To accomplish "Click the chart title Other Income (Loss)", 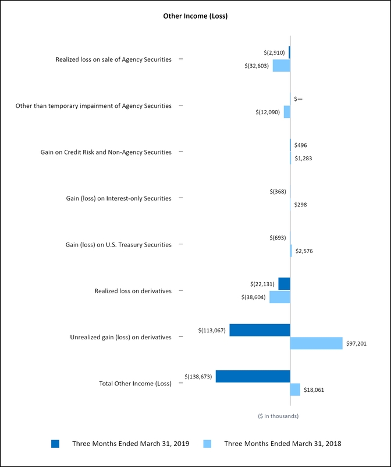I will click(195, 16).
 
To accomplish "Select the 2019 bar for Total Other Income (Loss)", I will click(253, 376).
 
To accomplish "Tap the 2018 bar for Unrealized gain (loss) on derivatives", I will click(316, 343).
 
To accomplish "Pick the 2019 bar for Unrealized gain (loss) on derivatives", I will click(260, 330).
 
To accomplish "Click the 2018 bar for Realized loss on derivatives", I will click(279, 297).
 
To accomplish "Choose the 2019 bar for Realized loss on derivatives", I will click(284, 284).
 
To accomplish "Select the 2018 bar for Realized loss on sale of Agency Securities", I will click(281, 65).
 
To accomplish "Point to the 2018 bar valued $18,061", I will click(295, 389).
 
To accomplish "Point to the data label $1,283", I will click(303, 158).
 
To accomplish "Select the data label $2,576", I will click(304, 251).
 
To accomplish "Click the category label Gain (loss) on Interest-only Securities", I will click(119, 198).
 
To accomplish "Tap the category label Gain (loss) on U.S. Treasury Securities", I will click(118, 244).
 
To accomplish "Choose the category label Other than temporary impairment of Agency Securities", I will click(94, 106).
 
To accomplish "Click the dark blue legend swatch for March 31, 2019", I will click(55, 444).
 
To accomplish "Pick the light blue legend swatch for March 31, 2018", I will click(207, 444).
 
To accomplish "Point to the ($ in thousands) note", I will click(278, 416).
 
